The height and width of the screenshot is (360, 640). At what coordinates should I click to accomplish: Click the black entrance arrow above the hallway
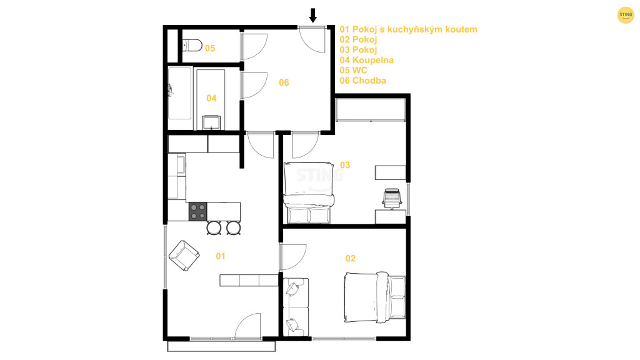pyautogui.click(x=312, y=15)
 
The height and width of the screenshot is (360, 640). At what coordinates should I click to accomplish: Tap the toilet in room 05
pyautogui.click(x=192, y=45)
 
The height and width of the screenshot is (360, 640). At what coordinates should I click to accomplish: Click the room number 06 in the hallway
pyautogui.click(x=284, y=83)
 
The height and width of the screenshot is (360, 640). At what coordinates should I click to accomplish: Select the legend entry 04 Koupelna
pyautogui.click(x=366, y=60)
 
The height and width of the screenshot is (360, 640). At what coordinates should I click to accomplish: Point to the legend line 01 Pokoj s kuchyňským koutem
pyautogui.click(x=408, y=29)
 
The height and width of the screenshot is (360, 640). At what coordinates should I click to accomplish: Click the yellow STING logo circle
pyautogui.click(x=625, y=15)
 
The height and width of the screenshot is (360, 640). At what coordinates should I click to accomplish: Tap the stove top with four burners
pyautogui.click(x=197, y=211)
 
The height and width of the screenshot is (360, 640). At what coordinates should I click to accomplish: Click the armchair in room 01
pyautogui.click(x=184, y=256)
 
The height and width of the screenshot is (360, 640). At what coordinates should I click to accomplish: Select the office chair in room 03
pyautogui.click(x=392, y=199)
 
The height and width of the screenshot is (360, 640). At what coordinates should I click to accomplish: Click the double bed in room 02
pyautogui.click(x=375, y=297)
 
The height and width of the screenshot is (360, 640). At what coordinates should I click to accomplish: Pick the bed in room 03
pyautogui.click(x=309, y=192)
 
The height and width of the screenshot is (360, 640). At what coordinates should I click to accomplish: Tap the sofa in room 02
pyautogui.click(x=296, y=307)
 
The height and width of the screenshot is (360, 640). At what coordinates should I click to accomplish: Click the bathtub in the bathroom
pyautogui.click(x=179, y=94)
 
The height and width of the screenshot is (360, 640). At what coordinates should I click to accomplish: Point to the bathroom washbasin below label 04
pyautogui.click(x=211, y=122)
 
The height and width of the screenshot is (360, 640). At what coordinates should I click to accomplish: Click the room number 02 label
pyautogui.click(x=350, y=258)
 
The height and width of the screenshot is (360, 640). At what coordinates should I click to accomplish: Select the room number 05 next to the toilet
pyautogui.click(x=210, y=49)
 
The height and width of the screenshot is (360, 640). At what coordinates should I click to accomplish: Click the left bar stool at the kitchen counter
pyautogui.click(x=214, y=227)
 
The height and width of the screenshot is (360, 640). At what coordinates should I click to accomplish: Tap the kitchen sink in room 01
pyautogui.click(x=181, y=164)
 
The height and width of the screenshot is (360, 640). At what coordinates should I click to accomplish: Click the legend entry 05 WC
pyautogui.click(x=353, y=70)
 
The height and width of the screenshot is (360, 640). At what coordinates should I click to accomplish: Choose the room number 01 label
pyautogui.click(x=221, y=256)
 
